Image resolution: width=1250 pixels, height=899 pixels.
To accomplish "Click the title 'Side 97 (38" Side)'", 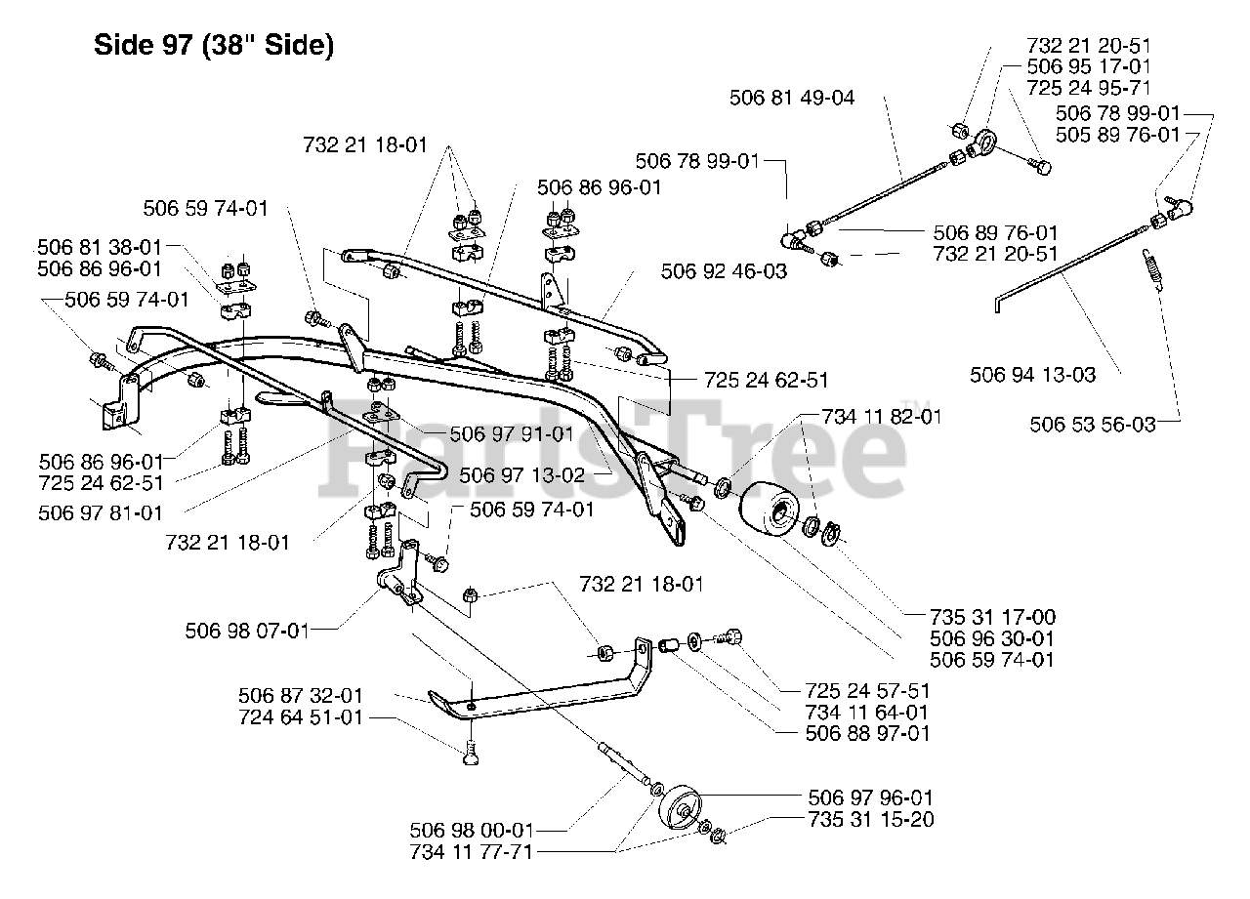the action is coord(214,45).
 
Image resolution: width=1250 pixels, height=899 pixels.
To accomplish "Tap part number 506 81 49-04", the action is coord(792,98).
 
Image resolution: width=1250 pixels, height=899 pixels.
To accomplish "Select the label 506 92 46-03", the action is coord(724,271).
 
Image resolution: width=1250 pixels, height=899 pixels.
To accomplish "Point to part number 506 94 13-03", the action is coord(1033,374).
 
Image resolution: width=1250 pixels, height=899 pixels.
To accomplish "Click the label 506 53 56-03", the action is coord(1093,425).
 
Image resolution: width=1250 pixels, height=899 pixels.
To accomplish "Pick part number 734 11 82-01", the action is coord(882,417).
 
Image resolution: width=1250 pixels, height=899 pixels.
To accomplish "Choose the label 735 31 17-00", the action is coord(993,617).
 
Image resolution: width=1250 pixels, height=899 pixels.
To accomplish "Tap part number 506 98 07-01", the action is coord(247,631).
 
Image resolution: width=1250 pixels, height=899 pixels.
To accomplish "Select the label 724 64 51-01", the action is coord(302,716).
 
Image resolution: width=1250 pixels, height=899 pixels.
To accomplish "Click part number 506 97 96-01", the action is coord(870,797).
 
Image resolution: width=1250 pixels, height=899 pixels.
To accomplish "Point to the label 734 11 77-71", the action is coord(472,851).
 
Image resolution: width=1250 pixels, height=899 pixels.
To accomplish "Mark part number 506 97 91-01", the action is coord(512,434).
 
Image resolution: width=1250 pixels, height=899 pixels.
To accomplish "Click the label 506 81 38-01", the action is coord(100,247).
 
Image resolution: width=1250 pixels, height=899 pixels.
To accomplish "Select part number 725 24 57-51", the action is coord(868,691).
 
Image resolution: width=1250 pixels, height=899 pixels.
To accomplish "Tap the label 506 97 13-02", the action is coord(522,475).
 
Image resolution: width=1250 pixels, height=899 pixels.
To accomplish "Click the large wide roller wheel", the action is coord(769,509).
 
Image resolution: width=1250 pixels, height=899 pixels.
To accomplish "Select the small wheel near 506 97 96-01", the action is coord(680,808).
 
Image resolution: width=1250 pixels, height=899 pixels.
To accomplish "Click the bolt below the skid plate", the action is coord(472,753).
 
